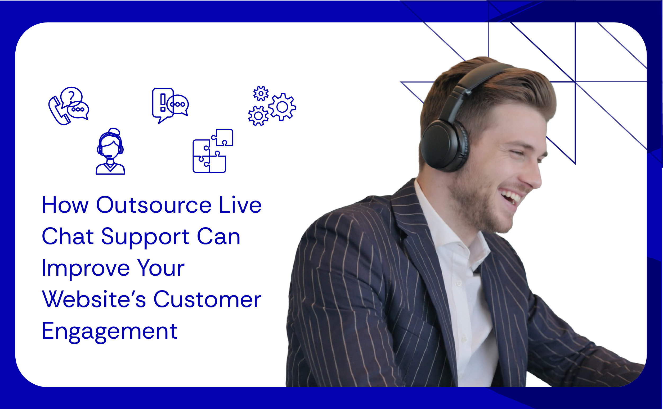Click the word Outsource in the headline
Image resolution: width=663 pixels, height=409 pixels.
click(x=154, y=205)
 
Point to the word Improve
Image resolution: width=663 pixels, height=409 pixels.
click(x=86, y=269)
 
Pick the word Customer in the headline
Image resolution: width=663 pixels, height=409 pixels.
click(x=207, y=300)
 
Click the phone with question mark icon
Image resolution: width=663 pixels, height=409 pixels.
click(x=69, y=106)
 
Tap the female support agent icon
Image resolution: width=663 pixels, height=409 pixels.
click(x=110, y=152)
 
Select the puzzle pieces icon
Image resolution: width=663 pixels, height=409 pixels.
click(x=213, y=151)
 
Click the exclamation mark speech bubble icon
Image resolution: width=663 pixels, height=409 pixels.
click(x=170, y=106)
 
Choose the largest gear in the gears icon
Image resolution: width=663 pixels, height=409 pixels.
click(x=282, y=107)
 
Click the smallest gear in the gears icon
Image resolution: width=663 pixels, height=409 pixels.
click(x=261, y=94)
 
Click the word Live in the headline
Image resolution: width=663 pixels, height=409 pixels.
click(x=240, y=205)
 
